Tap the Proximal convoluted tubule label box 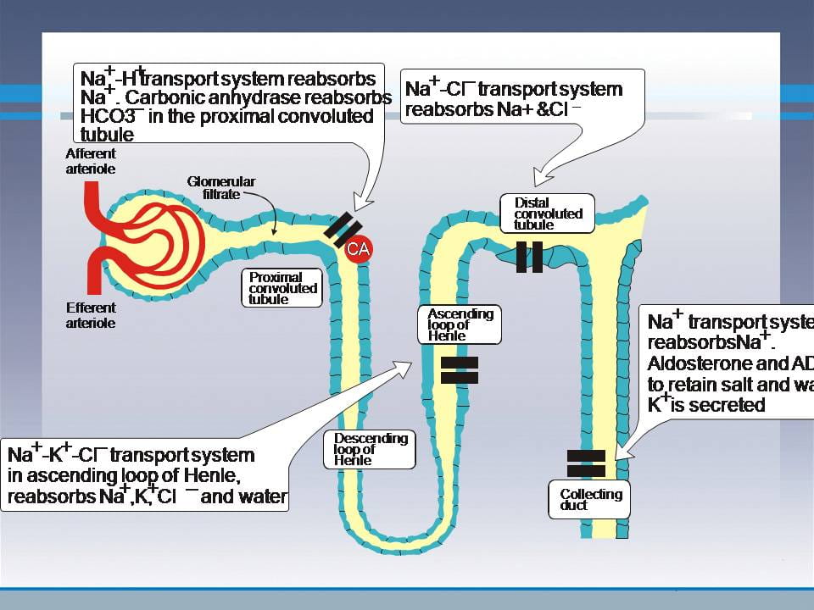[x=283, y=288]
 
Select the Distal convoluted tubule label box [x=548, y=213]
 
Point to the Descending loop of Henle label [x=371, y=449]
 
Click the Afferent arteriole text [x=91, y=162]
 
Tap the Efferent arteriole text [x=91, y=314]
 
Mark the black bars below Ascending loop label [x=460, y=369]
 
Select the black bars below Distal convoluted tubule [x=529, y=257]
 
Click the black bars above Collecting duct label [x=586, y=463]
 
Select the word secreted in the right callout [x=727, y=405]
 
